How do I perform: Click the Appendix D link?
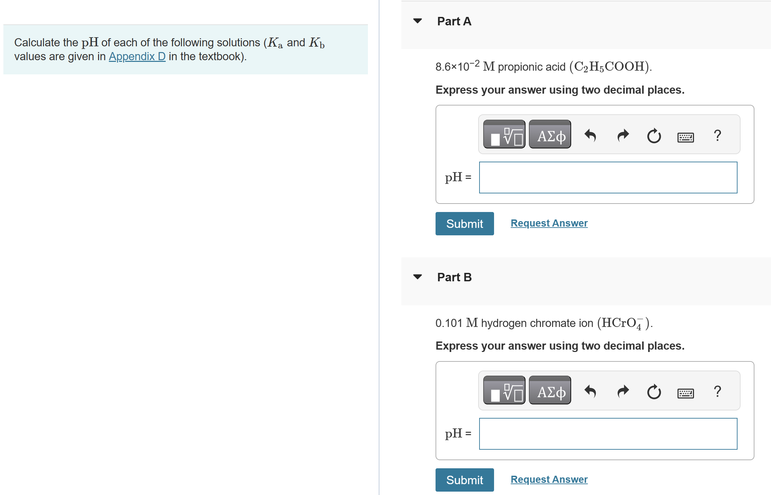[x=137, y=56]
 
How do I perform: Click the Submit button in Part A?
[x=464, y=223]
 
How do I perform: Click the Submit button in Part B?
[x=464, y=480]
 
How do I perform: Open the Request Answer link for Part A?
[x=549, y=223]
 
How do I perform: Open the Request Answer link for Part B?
[x=549, y=479]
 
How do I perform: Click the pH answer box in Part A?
[x=608, y=178]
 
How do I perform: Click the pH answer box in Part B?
[x=608, y=434]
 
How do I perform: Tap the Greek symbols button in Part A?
[x=550, y=134]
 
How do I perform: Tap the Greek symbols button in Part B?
[x=550, y=390]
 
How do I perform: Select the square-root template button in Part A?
[x=504, y=134]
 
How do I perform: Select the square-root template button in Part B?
[x=504, y=390]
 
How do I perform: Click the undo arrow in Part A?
[x=590, y=136]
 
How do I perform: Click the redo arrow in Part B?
[x=623, y=392]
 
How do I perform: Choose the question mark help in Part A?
[x=717, y=135]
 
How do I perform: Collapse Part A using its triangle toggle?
[x=418, y=21]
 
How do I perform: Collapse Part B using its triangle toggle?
[x=418, y=277]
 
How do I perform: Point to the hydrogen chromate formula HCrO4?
[x=624, y=323]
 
